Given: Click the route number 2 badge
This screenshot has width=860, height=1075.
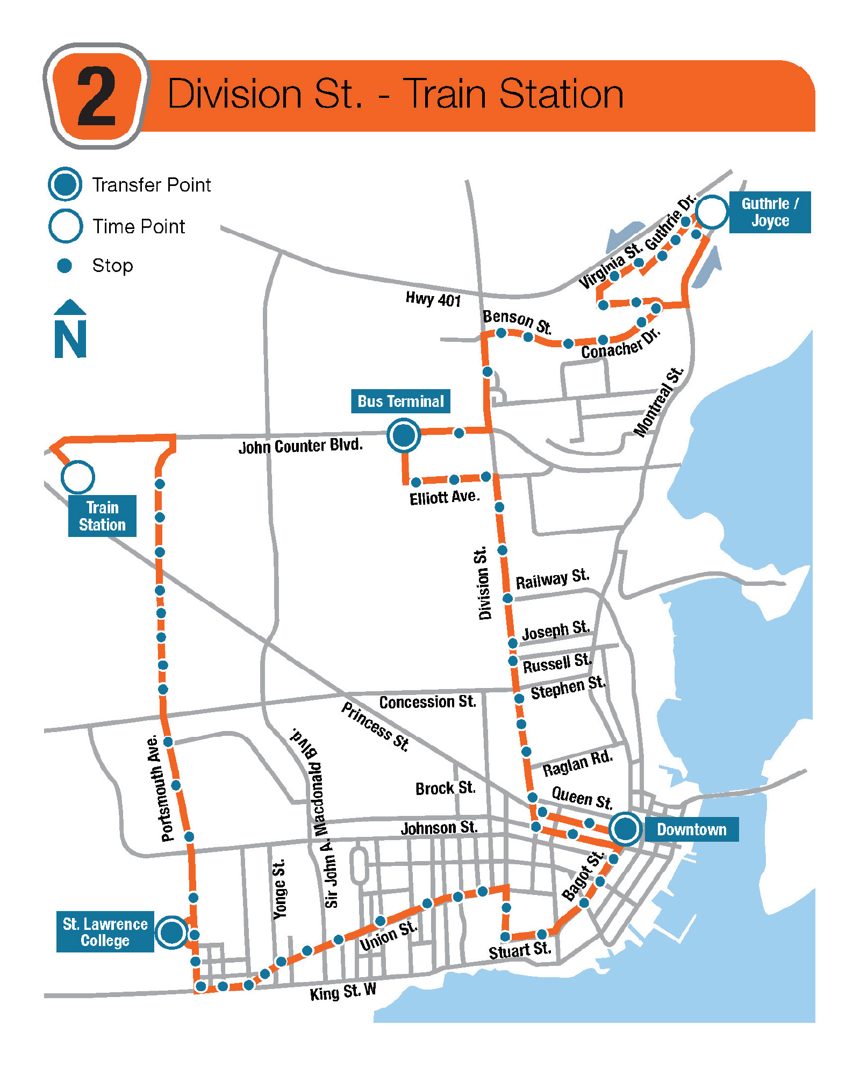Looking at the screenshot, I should coord(97,96).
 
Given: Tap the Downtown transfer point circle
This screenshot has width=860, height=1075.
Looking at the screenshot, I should coord(625,828).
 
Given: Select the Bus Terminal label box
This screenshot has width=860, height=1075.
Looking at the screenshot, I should coord(400,402).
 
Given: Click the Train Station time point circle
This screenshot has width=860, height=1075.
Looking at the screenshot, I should coord(78,477).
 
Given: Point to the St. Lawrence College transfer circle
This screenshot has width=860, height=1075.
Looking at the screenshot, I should coord(172,931).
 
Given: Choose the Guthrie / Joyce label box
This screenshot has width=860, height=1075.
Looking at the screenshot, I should coord(770,212).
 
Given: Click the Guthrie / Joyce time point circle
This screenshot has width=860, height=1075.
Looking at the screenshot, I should coord(712,212).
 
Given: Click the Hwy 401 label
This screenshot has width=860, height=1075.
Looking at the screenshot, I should coord(433,299).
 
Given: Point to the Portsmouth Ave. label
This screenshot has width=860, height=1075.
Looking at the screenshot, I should coord(161,788).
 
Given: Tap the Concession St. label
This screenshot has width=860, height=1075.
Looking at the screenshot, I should coord(428,702).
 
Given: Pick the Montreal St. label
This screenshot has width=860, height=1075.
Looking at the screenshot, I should coord(658,402).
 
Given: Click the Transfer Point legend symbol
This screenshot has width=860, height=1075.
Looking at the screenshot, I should coord(65,184).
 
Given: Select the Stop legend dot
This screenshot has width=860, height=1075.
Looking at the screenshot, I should coord(64,266).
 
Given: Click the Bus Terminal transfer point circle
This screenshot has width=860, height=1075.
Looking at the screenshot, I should coord(404,435).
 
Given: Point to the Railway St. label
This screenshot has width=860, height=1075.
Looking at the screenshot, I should coord(553,579).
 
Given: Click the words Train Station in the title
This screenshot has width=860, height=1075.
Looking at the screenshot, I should coord(513,94).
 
